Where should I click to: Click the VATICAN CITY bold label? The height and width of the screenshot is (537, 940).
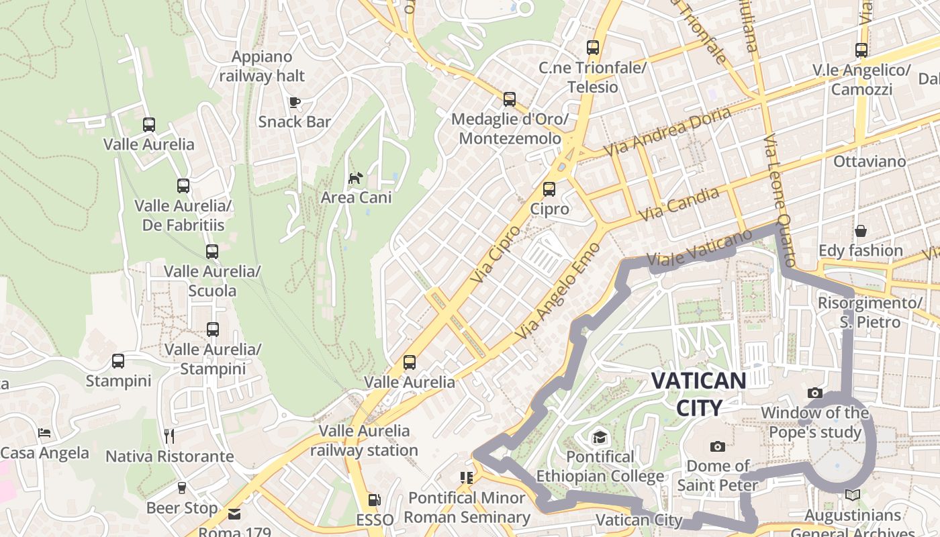pyautogui.click(x=698, y=394)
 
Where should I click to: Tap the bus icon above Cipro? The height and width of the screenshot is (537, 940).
pyautogui.click(x=549, y=189)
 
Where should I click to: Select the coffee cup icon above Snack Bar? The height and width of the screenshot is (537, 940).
pyautogui.click(x=294, y=102)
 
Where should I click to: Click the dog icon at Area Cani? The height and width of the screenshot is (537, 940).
pyautogui.click(x=355, y=178)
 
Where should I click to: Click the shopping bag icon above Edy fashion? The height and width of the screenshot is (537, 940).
pyautogui.click(x=861, y=231)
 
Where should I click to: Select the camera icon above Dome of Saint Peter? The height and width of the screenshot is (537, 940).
pyautogui.click(x=717, y=446)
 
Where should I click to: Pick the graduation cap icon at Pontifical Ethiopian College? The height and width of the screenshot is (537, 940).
pyautogui.click(x=600, y=438)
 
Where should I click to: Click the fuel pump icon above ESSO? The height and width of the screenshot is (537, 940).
pyautogui.click(x=375, y=500)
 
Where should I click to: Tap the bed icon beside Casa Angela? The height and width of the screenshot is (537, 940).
pyautogui.click(x=44, y=433)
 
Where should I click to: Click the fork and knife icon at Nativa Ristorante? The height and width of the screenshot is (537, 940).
pyautogui.click(x=169, y=436)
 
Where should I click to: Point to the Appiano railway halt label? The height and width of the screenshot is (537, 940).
pyautogui.click(x=262, y=66)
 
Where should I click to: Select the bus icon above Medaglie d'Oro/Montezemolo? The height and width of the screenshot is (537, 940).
pyautogui.click(x=510, y=100)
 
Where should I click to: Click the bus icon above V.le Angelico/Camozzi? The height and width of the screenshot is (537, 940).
pyautogui.click(x=861, y=50)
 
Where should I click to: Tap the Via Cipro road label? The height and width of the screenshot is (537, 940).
pyautogui.click(x=496, y=253)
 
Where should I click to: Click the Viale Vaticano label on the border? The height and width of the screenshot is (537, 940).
pyautogui.click(x=698, y=249)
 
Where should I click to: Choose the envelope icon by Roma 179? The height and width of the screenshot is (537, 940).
pyautogui.click(x=234, y=514)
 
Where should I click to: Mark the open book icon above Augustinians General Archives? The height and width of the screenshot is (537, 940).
pyautogui.click(x=853, y=495)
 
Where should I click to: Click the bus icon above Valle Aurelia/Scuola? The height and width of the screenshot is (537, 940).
pyautogui.click(x=212, y=252)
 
